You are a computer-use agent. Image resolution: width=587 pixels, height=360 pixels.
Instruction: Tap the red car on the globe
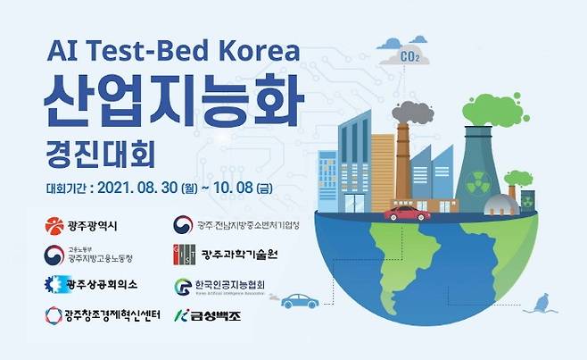(x=407, y=213)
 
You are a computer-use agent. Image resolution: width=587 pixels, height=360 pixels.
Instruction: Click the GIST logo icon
(x=185, y=255)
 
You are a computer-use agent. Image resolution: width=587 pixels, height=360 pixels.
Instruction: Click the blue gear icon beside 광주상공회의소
(x=54, y=285)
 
